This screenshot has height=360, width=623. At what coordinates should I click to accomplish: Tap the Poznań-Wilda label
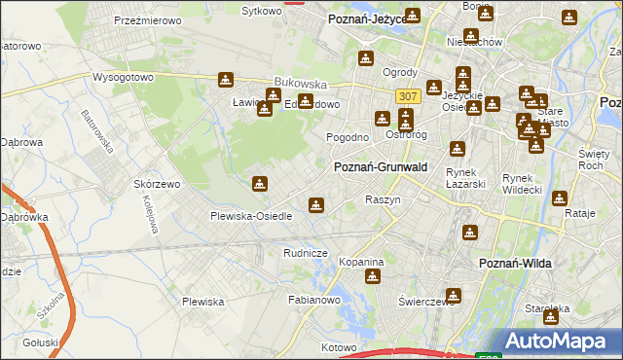[518, 264]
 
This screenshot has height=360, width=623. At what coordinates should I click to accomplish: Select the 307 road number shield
[408, 95]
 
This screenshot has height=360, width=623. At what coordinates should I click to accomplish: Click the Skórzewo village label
[159, 184]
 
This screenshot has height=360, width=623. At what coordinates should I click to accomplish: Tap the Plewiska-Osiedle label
[252, 216]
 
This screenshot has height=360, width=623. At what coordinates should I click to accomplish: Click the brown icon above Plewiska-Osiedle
[259, 184]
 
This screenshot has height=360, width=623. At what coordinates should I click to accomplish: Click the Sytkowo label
[261, 11]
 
